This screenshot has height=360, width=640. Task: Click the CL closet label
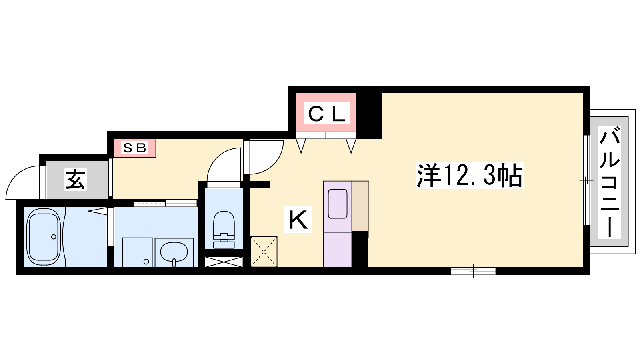pyautogui.click(x=326, y=114)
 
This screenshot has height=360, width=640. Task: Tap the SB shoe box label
pyautogui.click(x=135, y=148)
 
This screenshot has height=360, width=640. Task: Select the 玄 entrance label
pyautogui.click(x=75, y=180)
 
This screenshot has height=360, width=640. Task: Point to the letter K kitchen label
pyautogui.click(x=298, y=219)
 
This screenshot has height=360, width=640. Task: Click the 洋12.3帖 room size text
pyautogui.click(x=470, y=175)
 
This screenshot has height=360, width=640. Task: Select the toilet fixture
pyautogui.click(x=224, y=230)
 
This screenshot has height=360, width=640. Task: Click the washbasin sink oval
pyautogui.click(x=174, y=252)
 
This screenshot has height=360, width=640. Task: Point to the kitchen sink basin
pyautogui.click(x=338, y=204)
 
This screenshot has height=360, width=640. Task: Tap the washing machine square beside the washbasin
pyautogui.click(x=137, y=252)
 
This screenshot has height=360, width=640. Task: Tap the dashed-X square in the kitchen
pyautogui.click(x=264, y=252)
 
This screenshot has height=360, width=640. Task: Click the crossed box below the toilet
pyautogui.click(x=224, y=262)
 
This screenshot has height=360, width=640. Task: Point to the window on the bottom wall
pyautogui.click(x=473, y=270)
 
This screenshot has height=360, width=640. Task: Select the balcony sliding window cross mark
pyautogui.click(x=586, y=180)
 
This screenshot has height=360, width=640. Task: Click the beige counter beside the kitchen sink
pyautogui.click(x=360, y=206)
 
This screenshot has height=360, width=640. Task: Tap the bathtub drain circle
pyautogui.click(x=54, y=237)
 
